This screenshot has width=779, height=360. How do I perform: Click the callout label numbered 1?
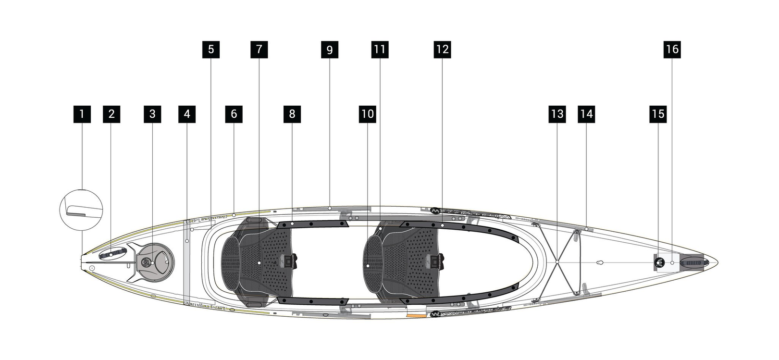pyautogui.click(x=82, y=114)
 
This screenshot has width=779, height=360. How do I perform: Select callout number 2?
pyautogui.click(x=111, y=114)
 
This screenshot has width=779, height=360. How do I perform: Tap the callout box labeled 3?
pyautogui.click(x=152, y=114)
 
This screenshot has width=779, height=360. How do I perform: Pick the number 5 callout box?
pyautogui.click(x=211, y=49)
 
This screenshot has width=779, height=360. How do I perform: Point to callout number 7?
pyautogui.click(x=259, y=49)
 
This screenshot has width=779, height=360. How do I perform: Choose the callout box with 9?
pyautogui.click(x=329, y=50)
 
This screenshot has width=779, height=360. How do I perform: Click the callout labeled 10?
pyautogui.click(x=368, y=114)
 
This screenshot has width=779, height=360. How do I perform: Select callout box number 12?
pyautogui.click(x=442, y=49)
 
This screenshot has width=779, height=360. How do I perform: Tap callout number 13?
pyautogui.click(x=557, y=114)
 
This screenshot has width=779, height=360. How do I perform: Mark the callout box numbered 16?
pyautogui.click(x=672, y=49)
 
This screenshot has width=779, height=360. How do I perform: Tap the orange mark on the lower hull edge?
pyautogui.click(x=416, y=316)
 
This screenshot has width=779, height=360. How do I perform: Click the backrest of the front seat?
pyautogui.click(x=230, y=262)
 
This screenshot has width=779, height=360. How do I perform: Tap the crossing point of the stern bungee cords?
pyautogui.click(x=557, y=262)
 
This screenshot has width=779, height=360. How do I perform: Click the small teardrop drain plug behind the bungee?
pyautogui.click(x=600, y=262)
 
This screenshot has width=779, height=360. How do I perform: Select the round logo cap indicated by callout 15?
pyautogui.click(x=659, y=262)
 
